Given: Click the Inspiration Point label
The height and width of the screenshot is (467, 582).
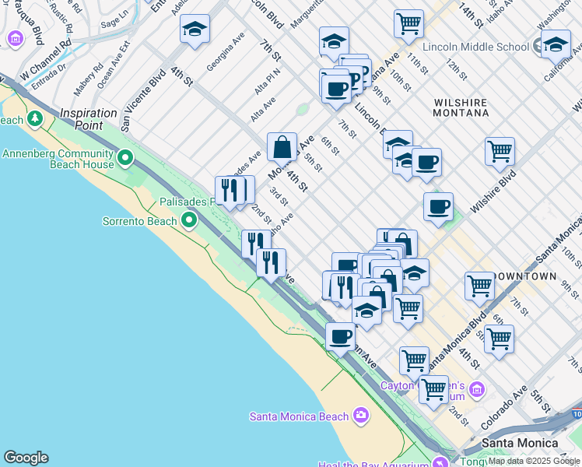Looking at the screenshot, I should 88,114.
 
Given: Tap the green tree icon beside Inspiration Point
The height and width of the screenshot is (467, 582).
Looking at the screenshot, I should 35,119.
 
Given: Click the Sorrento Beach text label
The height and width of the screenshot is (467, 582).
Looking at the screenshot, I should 140,221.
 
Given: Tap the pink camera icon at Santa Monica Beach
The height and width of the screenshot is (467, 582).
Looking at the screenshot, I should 360,415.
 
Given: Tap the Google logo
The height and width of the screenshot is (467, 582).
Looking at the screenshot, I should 26,458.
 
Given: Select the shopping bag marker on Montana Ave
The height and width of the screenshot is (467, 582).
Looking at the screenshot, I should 282,146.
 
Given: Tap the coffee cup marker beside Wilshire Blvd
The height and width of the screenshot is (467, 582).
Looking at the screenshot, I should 439,207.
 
